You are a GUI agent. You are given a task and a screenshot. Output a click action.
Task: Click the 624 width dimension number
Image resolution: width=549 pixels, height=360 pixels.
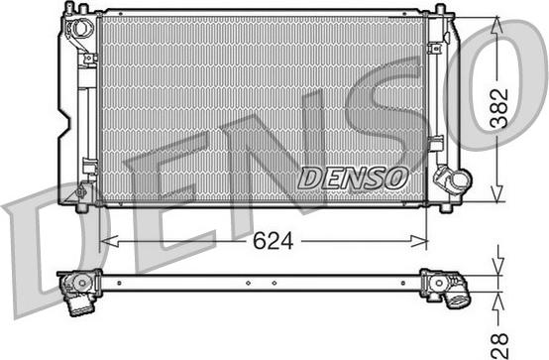pyautogui.click(x=273, y=241)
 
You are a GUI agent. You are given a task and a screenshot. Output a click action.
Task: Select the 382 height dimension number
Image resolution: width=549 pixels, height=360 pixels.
pyautogui.click(x=499, y=108)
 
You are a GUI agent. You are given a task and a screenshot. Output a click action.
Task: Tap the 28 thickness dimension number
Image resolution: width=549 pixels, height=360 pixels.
pyautogui.click(x=499, y=345)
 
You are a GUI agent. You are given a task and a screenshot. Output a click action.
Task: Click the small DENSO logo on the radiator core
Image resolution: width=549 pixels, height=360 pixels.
pyautogui.click(x=353, y=178)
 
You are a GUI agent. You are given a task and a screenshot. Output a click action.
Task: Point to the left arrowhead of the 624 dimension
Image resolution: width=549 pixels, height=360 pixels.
pyautogui.click(x=109, y=241)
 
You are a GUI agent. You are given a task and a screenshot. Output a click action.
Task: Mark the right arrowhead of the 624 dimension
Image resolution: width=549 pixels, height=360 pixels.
pyautogui.click(x=419, y=241)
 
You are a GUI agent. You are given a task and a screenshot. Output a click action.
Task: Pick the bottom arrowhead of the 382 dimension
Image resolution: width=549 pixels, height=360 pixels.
pyautogui.click(x=497, y=193)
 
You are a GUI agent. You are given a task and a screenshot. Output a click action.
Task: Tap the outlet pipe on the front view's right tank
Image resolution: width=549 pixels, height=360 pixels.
pyautogui.click(x=455, y=180)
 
